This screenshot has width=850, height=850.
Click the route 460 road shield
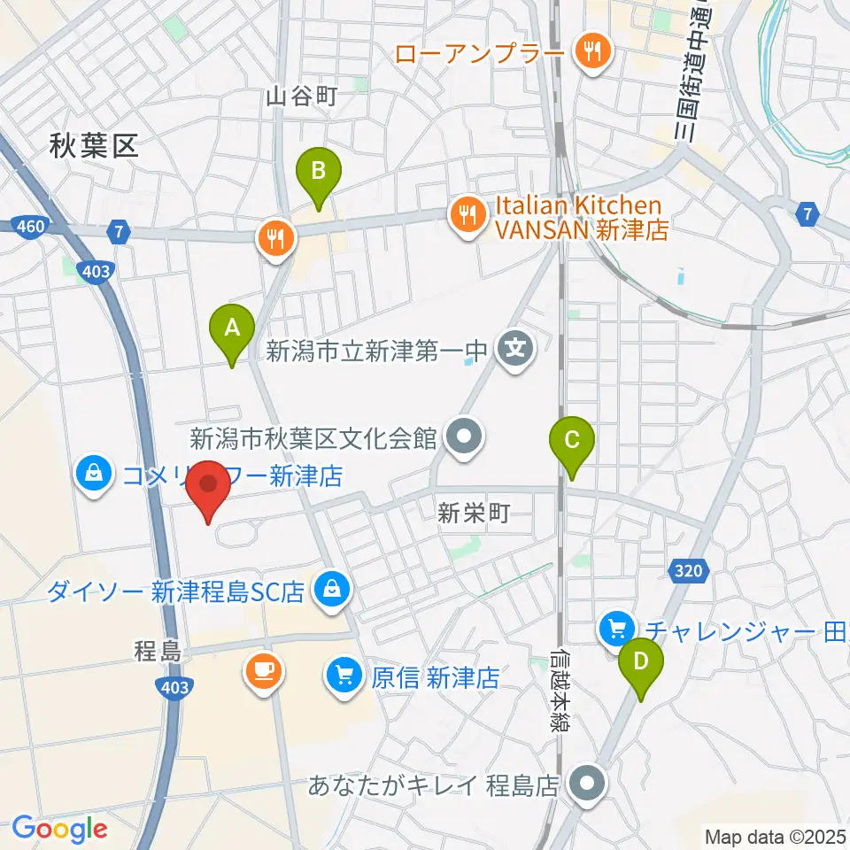coord(30,228)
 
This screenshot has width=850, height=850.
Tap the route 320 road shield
coord(688,572)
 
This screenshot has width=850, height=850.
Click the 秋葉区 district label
coord(94,147)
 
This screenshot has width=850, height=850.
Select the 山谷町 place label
coord(302,97)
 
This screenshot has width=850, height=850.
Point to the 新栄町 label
coord(475,514)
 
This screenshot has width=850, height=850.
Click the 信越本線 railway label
coord(558,691)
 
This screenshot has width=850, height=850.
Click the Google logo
coord(59,829)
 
